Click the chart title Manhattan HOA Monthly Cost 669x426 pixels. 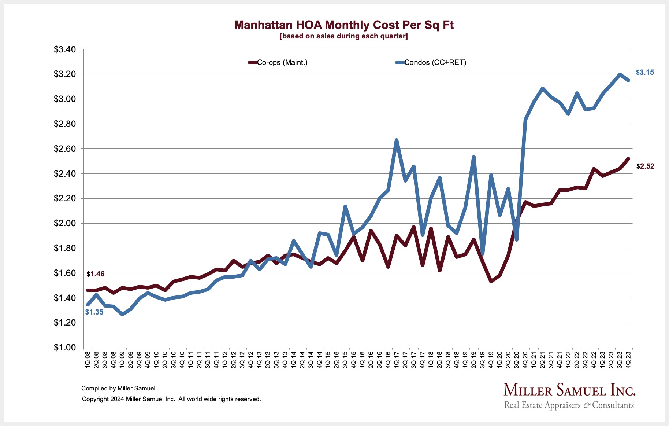[344, 25]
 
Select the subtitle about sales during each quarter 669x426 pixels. [343, 36]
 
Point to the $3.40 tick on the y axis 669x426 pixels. [65, 49]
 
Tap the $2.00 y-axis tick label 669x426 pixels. [65, 223]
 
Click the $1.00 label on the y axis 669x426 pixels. [65, 348]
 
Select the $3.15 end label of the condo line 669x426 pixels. [645, 73]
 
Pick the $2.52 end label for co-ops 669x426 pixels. [645, 166]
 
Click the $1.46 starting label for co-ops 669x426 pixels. [96, 274]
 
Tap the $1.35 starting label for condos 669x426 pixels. [94, 312]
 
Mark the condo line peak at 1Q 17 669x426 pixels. [397, 140]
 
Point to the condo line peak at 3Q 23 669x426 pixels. [620, 74]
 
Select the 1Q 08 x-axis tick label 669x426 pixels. [88, 360]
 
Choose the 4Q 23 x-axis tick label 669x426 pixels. [628, 360]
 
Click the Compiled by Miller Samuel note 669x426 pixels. [118, 389]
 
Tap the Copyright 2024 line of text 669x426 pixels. [171, 399]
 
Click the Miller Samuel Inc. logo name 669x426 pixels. [569, 390]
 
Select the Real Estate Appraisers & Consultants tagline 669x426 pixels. [569, 405]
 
